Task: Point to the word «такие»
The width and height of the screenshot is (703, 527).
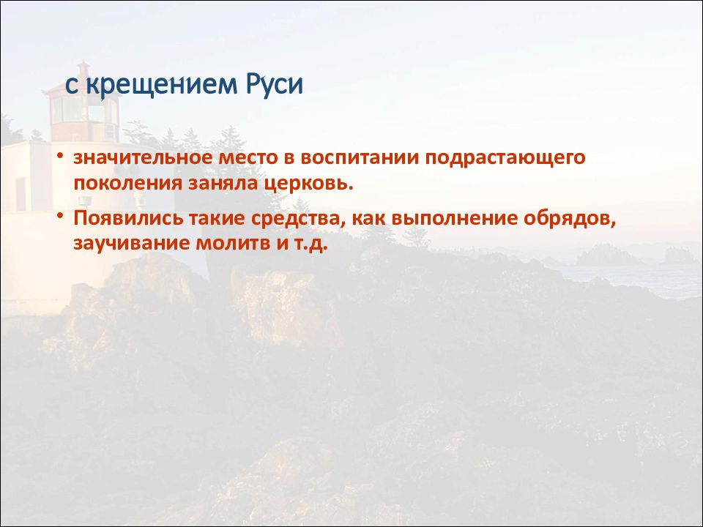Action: (x=217, y=219)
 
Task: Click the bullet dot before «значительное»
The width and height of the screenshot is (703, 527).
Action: (x=60, y=157)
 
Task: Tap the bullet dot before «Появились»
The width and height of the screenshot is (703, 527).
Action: (x=60, y=217)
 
